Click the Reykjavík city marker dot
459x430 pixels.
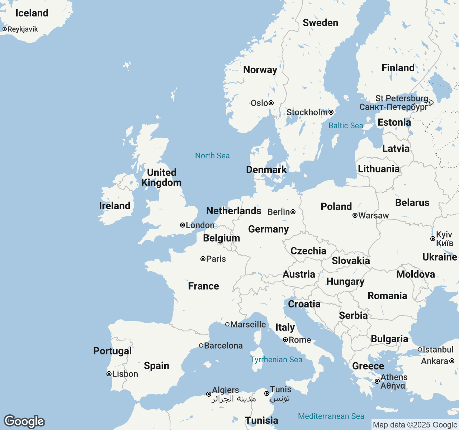click(x=5, y=29)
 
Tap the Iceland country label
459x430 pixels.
click(x=32, y=13)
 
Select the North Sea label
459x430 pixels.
click(x=212, y=156)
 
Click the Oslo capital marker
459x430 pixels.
click(x=271, y=103)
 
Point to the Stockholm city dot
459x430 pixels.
click(x=331, y=112)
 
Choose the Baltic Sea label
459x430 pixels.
click(x=346, y=125)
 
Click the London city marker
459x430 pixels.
click(x=183, y=225)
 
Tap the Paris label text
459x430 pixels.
click(x=216, y=259)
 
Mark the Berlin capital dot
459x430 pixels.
click(x=293, y=212)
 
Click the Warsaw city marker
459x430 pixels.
click(x=355, y=215)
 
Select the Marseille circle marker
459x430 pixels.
click(x=227, y=324)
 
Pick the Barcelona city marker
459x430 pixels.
click(x=201, y=345)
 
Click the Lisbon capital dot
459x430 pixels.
click(x=109, y=374)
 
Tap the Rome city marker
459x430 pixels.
click(x=285, y=340)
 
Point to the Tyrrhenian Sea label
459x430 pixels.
click(x=276, y=359)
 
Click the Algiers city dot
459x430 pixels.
click(x=209, y=394)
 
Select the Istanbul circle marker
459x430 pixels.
click(x=420, y=349)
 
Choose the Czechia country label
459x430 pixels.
click(x=308, y=251)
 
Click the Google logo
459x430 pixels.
click(x=24, y=421)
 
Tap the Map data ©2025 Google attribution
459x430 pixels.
click(x=415, y=425)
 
